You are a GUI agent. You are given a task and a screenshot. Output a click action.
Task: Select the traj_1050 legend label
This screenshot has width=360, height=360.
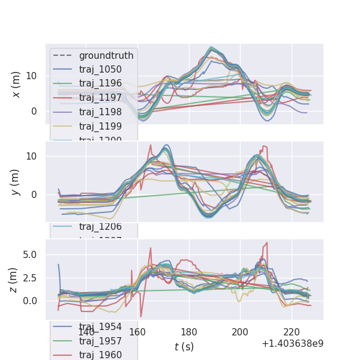click(x=100, y=69)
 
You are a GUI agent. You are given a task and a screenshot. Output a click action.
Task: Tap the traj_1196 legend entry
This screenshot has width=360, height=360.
click(x=100, y=83)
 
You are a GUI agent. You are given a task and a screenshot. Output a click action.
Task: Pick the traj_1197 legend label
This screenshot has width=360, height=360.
click(x=100, y=98)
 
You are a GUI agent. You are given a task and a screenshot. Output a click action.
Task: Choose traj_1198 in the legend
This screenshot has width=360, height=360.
click(x=100, y=112)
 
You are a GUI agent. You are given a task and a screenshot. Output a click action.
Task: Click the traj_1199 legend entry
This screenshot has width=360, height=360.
click(x=100, y=126)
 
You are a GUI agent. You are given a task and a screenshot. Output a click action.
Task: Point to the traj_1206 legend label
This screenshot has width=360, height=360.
click(x=100, y=226)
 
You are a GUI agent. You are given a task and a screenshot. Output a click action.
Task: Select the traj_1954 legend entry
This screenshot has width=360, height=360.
click(x=100, y=326)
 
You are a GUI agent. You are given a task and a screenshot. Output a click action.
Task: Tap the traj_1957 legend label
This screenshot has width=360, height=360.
click(x=100, y=341)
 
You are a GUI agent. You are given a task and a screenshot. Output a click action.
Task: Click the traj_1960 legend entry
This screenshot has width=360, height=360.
click(x=100, y=355)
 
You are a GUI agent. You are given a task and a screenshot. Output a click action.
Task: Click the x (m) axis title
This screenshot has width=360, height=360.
click(x=16, y=84)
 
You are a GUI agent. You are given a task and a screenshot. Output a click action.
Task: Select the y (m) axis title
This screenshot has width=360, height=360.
click(x=16, y=182)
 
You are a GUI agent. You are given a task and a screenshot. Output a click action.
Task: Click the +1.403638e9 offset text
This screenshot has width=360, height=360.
click(x=292, y=344)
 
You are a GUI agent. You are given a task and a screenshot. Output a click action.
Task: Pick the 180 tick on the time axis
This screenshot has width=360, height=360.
click(x=189, y=332)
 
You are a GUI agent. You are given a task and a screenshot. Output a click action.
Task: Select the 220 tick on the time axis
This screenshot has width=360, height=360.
click(x=292, y=332)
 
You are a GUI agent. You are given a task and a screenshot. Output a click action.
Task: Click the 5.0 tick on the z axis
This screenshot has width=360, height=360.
click(x=29, y=254)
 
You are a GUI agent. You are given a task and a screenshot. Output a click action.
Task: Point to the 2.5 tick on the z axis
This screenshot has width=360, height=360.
click(x=29, y=278)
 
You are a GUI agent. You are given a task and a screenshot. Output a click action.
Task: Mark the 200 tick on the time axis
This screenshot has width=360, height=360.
click(x=240, y=332)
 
